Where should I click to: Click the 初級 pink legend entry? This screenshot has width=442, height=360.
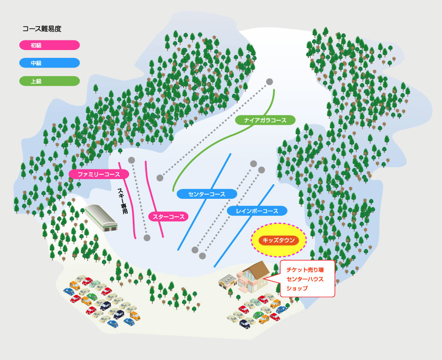tap(50, 45)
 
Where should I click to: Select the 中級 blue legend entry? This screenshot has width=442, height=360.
tap(50, 63)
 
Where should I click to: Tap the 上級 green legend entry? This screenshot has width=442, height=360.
tap(50, 81)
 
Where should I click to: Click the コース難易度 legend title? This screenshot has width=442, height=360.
tap(42, 28)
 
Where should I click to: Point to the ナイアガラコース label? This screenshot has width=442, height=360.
tap(265, 120)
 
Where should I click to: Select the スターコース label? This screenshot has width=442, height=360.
tap(169, 216)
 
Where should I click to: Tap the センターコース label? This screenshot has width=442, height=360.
tap(207, 194)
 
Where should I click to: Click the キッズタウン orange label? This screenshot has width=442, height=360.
tap(278, 240)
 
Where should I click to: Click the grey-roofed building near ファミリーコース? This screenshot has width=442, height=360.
tap(102, 217)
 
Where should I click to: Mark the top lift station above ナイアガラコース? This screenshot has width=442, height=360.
tap(270, 82)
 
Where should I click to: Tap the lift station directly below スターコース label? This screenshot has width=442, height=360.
tap(147, 238)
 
